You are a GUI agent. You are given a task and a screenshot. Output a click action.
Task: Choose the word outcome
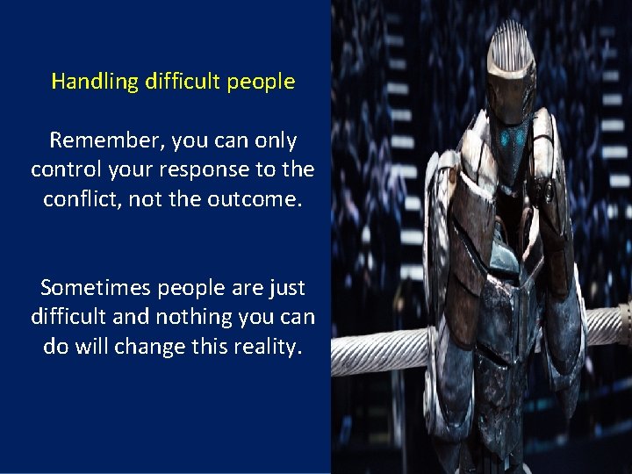pos(256,199)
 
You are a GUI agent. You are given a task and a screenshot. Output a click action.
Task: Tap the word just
pos(284,288)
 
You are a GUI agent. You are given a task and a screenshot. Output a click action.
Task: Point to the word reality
pos(267,346)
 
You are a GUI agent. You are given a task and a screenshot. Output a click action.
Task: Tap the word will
pos(98,346)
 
